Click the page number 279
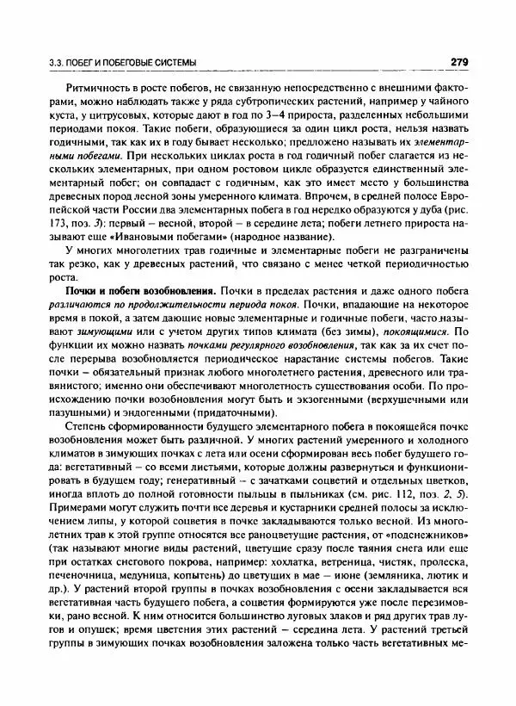pyautogui.click(x=458, y=62)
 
